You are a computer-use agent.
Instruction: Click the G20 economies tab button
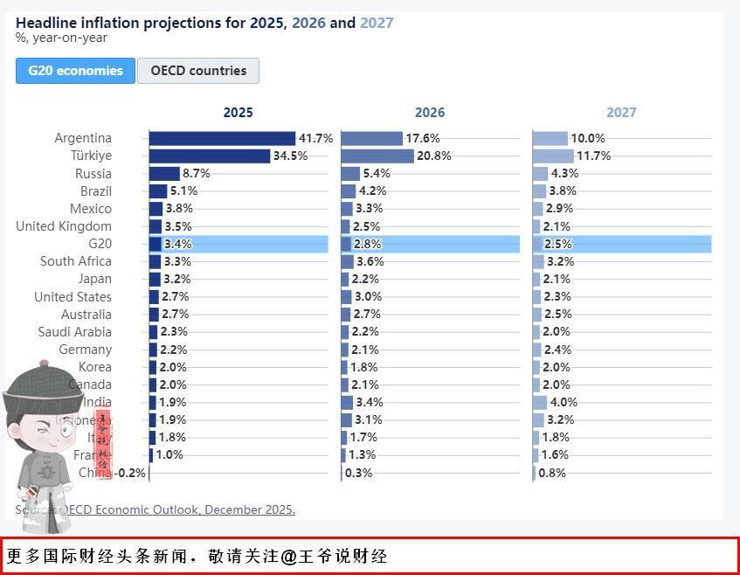click(75, 71)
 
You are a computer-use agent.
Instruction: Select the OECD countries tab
click(198, 71)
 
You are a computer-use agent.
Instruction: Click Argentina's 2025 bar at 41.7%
click(222, 138)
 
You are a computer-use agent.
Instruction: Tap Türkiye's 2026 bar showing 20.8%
click(377, 156)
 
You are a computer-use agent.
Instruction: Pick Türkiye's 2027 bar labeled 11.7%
click(552, 156)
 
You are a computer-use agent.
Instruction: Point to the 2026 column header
click(429, 112)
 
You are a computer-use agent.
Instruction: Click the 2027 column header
click(621, 112)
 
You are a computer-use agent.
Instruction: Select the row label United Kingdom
click(64, 226)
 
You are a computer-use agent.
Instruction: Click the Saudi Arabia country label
click(74, 332)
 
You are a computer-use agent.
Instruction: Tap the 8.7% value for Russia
click(196, 173)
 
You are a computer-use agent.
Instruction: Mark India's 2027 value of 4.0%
click(564, 402)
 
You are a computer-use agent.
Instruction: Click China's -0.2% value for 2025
click(131, 473)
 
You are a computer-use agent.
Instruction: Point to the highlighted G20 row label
click(100, 244)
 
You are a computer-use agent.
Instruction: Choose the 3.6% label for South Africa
click(370, 261)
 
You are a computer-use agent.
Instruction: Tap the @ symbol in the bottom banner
click(284, 556)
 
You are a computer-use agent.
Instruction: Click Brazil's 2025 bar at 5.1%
click(158, 191)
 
